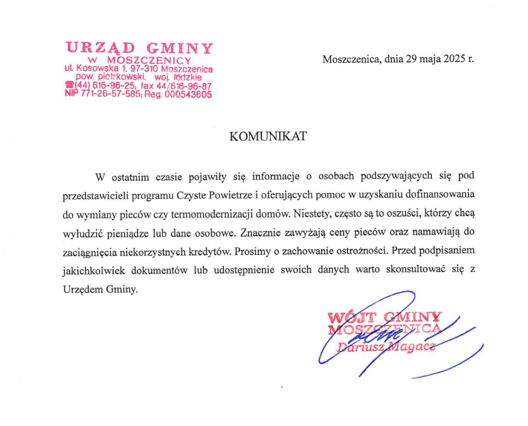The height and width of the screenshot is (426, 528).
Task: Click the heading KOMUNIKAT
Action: [268, 136]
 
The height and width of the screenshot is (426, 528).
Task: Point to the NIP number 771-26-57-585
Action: [111, 95]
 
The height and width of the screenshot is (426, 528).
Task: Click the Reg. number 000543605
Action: [188, 95]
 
